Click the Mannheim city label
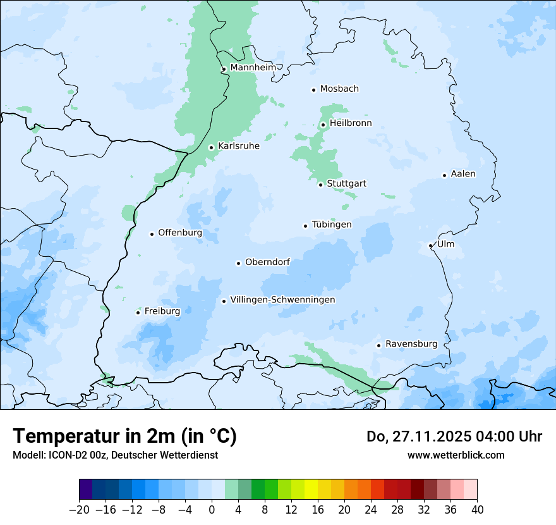(253, 68)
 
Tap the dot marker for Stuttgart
(320, 185)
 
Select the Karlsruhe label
(238, 146)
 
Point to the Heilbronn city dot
(323, 125)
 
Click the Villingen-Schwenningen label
(282, 300)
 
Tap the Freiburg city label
(162, 311)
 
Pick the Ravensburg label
(411, 344)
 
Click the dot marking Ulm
(430, 245)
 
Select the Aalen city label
(463, 174)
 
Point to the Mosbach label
(339, 89)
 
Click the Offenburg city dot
(152, 234)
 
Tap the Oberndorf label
(268, 262)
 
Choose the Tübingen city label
(332, 225)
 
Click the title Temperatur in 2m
(124, 436)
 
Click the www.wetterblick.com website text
(456, 455)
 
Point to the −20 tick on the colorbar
(80, 510)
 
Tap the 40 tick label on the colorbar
(477, 510)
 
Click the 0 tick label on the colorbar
(212, 510)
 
